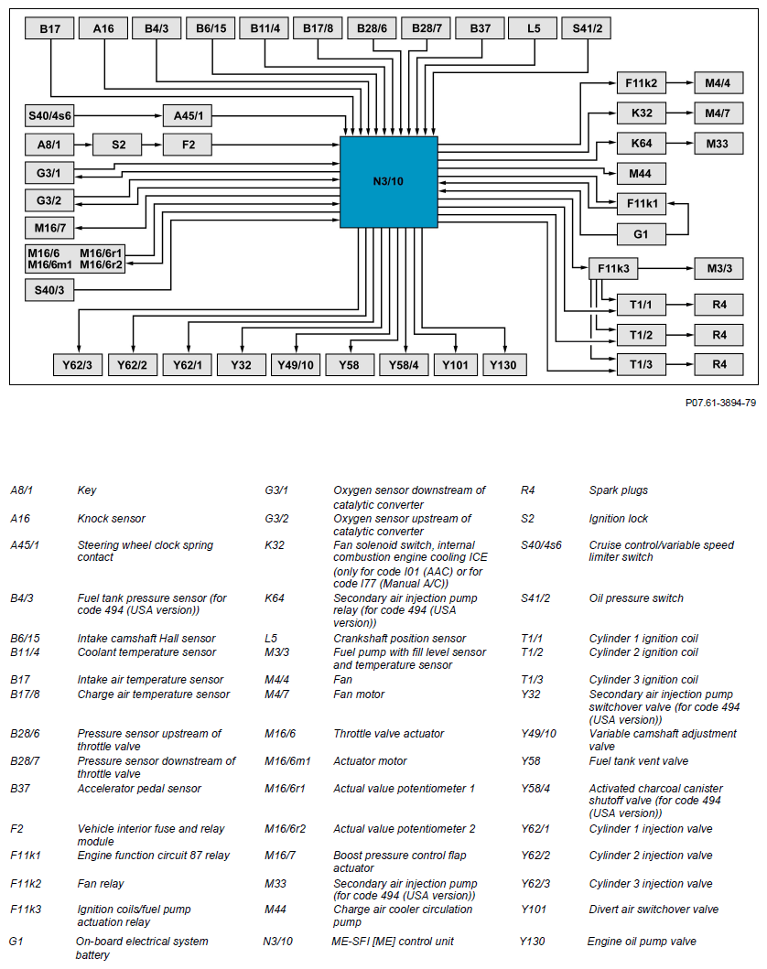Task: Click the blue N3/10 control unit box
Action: point(388,181)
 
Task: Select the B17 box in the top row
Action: point(49,29)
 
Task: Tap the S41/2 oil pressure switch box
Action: point(588,29)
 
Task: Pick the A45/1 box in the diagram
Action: point(188,116)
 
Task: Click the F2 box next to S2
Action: point(188,145)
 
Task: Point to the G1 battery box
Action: point(641,234)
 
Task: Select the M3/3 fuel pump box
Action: point(718,269)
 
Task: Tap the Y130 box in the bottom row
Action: point(503,365)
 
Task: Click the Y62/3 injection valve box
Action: point(78,365)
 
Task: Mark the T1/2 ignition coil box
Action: point(641,334)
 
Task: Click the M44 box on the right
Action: point(641,173)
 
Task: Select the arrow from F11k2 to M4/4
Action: point(679,83)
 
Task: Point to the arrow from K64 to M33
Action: point(679,145)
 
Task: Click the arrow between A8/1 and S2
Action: point(82,145)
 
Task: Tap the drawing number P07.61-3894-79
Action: point(720,403)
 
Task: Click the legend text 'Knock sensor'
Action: point(111,519)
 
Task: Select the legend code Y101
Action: point(535,910)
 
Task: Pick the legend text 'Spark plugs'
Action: point(618,490)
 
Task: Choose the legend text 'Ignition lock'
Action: point(618,519)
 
